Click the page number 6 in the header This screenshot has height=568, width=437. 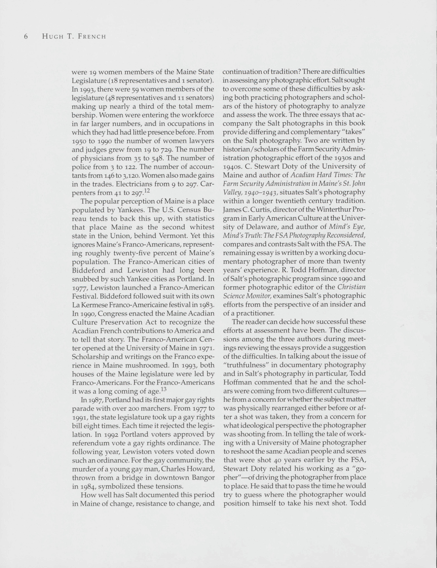tap(26, 36)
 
